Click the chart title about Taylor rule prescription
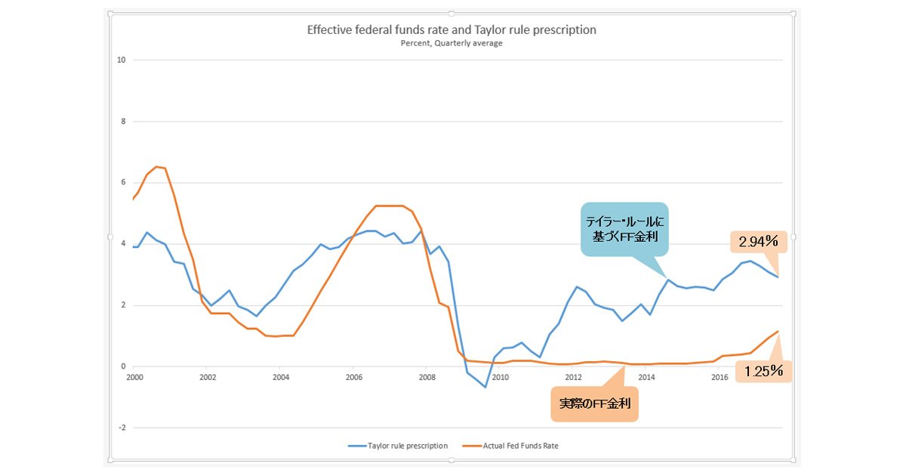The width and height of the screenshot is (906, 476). [x=451, y=30]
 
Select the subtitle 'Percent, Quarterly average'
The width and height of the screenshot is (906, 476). [x=451, y=43]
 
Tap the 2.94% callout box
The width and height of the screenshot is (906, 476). [x=758, y=242]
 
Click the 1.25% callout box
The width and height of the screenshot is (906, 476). [x=763, y=371]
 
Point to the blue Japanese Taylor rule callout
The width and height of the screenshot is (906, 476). [x=624, y=229]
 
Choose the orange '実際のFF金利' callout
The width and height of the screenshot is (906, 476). [x=595, y=404]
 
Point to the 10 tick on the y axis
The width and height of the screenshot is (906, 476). [x=122, y=60]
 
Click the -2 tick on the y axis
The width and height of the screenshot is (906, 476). [x=122, y=428]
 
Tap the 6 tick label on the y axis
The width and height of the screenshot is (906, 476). [x=123, y=182]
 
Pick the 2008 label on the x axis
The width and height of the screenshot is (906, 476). [x=427, y=378]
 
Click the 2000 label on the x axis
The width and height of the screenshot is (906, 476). [x=134, y=378]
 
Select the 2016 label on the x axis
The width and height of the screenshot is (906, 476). [x=720, y=378]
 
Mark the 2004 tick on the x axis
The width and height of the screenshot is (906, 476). [x=281, y=378]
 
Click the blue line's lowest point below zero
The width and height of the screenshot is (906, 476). [x=485, y=388]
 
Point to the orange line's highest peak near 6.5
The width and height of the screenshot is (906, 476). [x=156, y=167]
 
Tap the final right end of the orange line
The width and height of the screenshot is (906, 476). [x=778, y=332]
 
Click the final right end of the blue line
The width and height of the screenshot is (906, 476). [x=778, y=277]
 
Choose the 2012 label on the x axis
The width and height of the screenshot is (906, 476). [x=573, y=378]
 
